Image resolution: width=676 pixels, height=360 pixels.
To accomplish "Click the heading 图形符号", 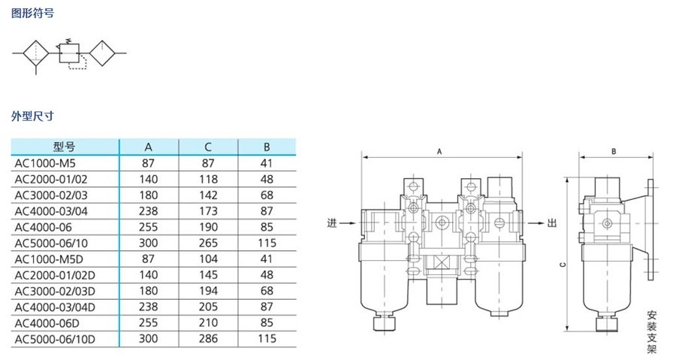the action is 33,13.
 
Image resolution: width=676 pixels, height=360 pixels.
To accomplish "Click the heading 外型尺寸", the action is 33,116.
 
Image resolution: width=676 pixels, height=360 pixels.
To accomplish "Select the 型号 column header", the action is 65,147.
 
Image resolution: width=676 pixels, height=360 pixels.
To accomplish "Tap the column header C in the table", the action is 208,147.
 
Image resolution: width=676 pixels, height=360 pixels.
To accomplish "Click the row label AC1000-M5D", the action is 49,259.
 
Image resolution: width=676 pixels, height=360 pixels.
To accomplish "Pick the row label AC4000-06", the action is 43,227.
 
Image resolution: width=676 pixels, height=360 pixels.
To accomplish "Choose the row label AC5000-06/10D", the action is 55,339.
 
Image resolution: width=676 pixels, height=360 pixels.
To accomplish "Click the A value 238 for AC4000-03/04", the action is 148,211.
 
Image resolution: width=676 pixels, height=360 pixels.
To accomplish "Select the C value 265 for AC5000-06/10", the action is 208,244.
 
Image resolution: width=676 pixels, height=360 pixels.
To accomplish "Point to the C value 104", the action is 208,259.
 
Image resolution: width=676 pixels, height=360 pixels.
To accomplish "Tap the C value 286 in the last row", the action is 208,339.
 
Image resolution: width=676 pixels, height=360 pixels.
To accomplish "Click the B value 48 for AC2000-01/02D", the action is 267,275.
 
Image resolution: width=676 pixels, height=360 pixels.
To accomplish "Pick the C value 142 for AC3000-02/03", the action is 208,195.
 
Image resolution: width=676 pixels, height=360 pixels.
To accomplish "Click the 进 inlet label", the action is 331,223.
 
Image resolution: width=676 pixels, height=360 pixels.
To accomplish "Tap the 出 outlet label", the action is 552,223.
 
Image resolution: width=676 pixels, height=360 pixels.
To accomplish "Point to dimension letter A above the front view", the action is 439,152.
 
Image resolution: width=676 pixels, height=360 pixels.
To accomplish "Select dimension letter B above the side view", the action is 614,152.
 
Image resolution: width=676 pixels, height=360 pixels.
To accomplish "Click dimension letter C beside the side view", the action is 563,265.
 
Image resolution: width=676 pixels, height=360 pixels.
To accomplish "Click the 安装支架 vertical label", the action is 651,331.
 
